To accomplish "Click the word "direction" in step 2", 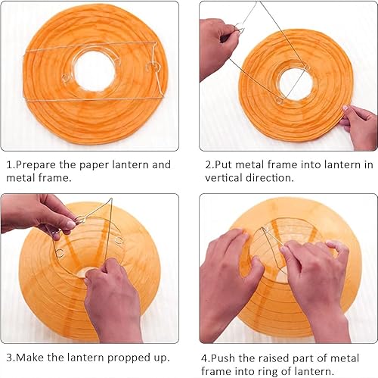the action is [x=269, y=178].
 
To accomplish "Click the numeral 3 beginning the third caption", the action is [x=9, y=358].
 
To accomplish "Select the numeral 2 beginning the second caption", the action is [x=208, y=165].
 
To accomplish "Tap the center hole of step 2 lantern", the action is [x=296, y=83].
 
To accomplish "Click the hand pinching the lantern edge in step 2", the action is [x=361, y=126].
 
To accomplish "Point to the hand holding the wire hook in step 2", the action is [x=217, y=48].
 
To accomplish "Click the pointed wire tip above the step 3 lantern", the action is [x=111, y=199].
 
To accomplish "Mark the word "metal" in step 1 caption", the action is [x=20, y=178].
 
